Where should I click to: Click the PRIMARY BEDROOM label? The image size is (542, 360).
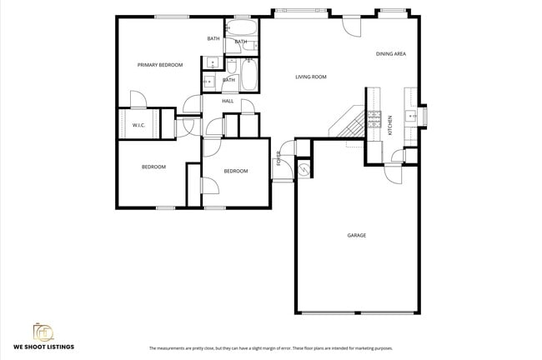(x=160, y=64)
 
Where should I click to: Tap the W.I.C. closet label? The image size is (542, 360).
(x=139, y=125)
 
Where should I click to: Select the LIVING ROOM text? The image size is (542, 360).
(x=310, y=77)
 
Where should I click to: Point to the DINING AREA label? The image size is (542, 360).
(x=390, y=53)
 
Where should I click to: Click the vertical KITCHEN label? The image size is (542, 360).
(x=389, y=126)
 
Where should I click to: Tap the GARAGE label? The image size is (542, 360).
(x=356, y=235)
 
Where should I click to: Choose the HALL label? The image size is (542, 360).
(x=227, y=102)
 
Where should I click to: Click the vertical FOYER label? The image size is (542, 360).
(x=279, y=158)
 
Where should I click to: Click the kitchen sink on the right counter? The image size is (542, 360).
(x=410, y=116)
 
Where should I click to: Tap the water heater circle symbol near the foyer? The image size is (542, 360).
(x=304, y=169)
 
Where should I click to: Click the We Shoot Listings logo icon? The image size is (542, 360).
(x=43, y=331)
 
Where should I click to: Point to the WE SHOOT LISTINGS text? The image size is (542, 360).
(x=43, y=347)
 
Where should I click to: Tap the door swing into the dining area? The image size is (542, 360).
(x=352, y=23)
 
